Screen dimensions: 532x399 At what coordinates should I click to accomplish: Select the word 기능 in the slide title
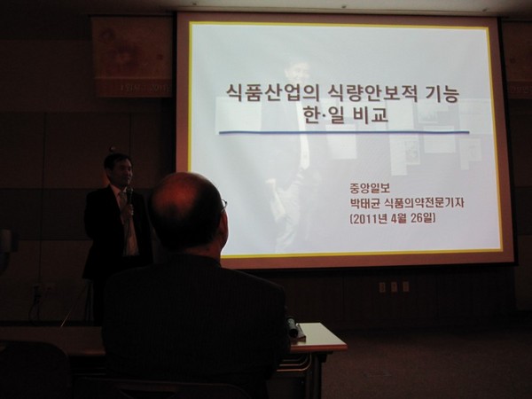coord(442,94)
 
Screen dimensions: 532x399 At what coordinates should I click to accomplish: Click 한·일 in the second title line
coord(325,114)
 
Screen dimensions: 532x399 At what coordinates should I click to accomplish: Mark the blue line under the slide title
coord(344,132)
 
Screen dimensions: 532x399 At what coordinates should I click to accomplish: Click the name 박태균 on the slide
coord(365,203)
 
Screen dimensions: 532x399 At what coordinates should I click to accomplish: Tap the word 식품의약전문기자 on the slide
coord(425,203)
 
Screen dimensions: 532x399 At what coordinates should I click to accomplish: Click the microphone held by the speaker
coord(129,196)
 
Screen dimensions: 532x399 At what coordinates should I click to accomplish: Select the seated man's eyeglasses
coord(223,205)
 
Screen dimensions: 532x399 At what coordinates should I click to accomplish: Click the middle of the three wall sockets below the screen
coord(394,286)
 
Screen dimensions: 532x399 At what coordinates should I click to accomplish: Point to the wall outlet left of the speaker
coord(50,289)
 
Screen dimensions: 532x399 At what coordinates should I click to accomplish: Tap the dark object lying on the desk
coord(293,327)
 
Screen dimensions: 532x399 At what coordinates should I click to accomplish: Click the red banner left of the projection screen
coord(132,57)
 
